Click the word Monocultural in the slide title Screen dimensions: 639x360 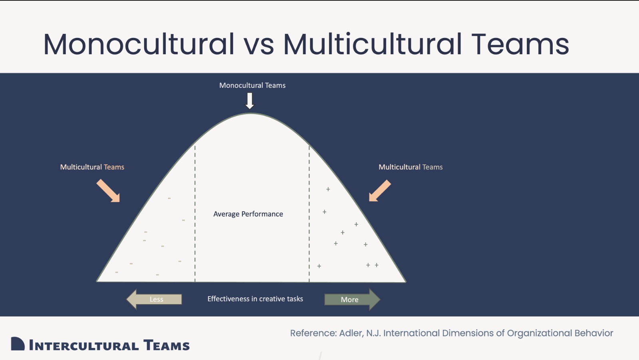pyautogui.click(x=139, y=44)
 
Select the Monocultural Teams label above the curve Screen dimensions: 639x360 pyautogui.click(x=252, y=85)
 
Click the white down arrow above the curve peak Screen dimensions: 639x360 pyautogui.click(x=250, y=101)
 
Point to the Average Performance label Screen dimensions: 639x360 pyautogui.click(x=248, y=214)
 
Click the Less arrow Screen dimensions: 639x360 pyautogui.click(x=154, y=299)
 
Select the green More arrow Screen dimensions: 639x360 pyautogui.click(x=352, y=299)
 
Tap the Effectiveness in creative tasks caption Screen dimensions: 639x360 pyautogui.click(x=255, y=299)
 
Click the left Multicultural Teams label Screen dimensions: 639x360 pyautogui.click(x=92, y=167)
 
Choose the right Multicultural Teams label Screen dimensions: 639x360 pyautogui.click(x=411, y=167)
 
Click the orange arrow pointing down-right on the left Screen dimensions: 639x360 pyautogui.click(x=108, y=191)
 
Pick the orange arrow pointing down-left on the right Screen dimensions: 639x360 pyautogui.click(x=380, y=191)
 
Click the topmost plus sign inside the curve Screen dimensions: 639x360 pyautogui.click(x=328, y=189)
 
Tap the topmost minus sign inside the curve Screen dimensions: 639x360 pyautogui.click(x=169, y=198)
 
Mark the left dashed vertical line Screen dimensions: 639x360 pyautogui.click(x=195, y=214)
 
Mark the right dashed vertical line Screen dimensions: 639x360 pyautogui.click(x=309, y=214)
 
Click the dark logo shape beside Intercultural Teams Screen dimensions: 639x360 pyautogui.click(x=18, y=344)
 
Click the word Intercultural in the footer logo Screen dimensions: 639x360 pyautogui.click(x=84, y=345)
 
